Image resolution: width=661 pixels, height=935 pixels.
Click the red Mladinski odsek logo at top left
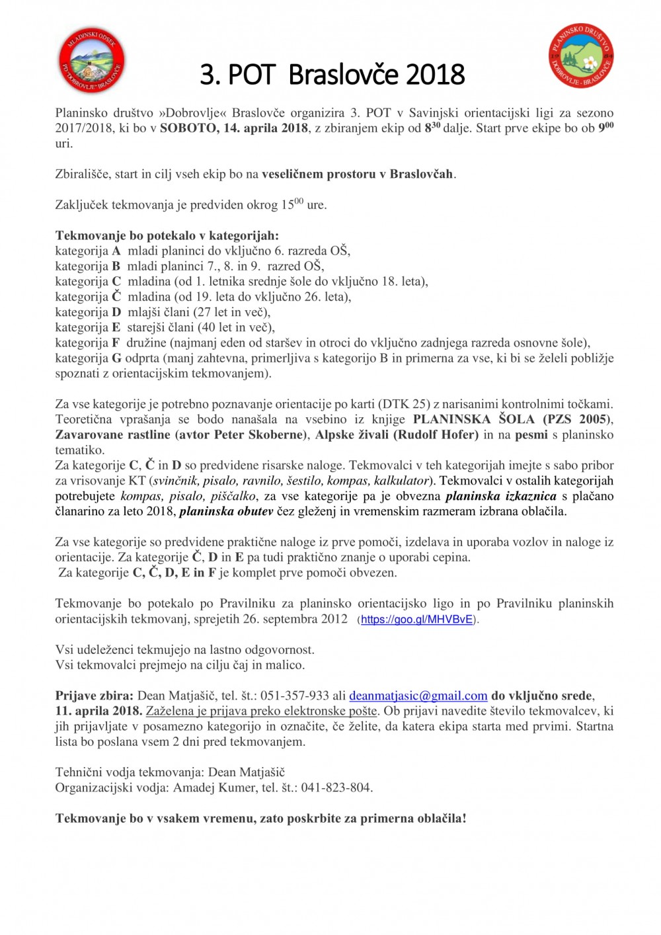[91, 60]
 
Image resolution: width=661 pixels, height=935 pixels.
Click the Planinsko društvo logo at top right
[581, 56]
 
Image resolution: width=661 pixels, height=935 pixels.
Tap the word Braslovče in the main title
[344, 75]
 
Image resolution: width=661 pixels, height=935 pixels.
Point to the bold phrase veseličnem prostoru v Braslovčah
[358, 174]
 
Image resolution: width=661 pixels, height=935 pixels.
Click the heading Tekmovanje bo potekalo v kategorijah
[167, 235]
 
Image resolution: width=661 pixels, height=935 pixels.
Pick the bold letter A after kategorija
[116, 251]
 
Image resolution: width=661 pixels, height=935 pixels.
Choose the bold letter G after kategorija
[116, 358]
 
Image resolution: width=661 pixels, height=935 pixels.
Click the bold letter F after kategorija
[116, 343]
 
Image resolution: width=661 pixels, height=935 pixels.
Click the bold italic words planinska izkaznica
[501, 496]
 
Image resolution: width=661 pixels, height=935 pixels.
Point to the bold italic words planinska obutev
[226, 511]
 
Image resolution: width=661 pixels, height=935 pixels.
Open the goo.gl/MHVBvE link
[417, 620]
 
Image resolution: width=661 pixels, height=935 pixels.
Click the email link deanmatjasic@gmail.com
[418, 696]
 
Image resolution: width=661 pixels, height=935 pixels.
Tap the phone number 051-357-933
[295, 696]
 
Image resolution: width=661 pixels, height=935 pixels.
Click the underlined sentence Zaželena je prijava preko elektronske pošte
[262, 711]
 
